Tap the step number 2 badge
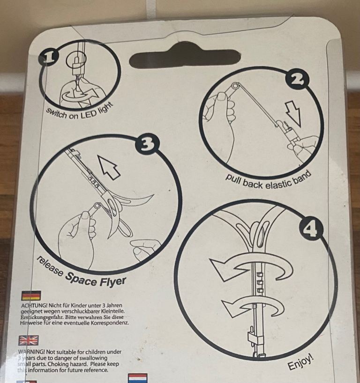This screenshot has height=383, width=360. [298, 80]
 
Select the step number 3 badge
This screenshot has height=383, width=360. [147, 145]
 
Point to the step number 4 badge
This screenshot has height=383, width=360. [311, 228]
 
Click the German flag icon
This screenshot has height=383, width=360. [31, 295]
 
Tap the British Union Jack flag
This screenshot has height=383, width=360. [29, 340]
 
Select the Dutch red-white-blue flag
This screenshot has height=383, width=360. [138, 378]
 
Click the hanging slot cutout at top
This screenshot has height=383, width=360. [185, 58]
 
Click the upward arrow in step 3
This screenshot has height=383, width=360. [109, 167]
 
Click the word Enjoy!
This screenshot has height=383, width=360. [300, 362]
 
